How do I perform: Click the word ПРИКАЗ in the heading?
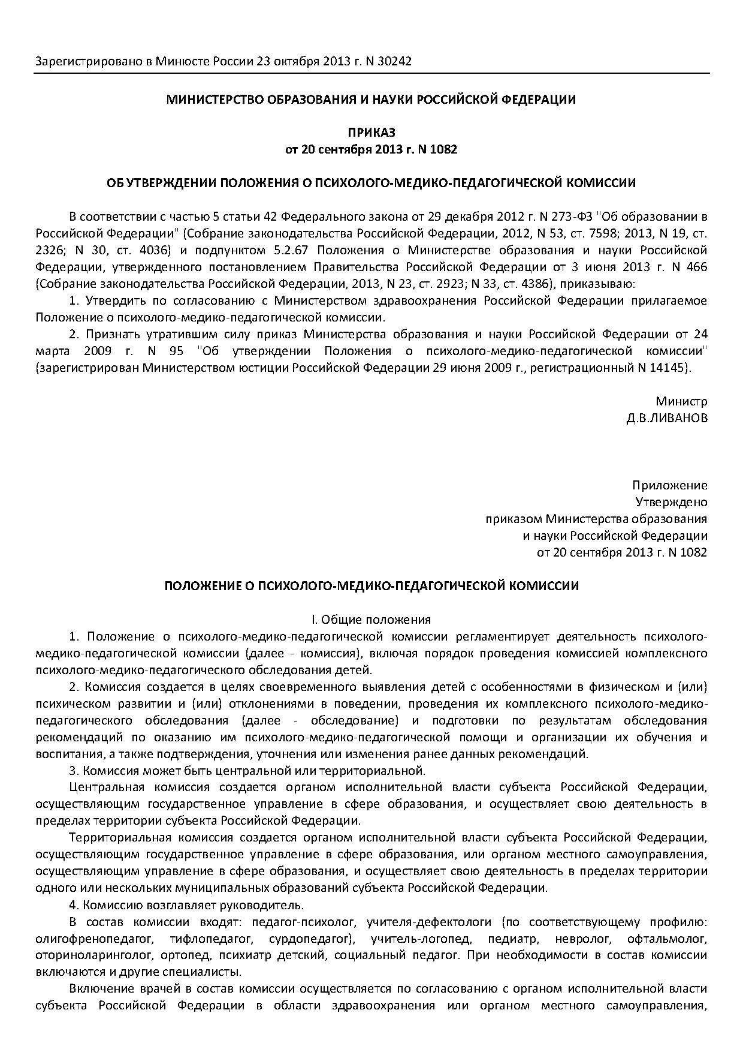tap(371, 133)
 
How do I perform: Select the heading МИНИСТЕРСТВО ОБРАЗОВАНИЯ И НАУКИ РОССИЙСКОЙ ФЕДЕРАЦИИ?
tap(371, 100)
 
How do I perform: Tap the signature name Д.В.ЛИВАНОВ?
tap(666, 418)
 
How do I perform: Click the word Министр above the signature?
tap(681, 401)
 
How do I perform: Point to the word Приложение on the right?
tap(669, 485)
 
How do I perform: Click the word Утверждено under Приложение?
tap(670, 502)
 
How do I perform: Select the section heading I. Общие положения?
tap(371, 620)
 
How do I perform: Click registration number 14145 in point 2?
tap(670, 368)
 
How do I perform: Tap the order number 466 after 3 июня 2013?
tap(696, 267)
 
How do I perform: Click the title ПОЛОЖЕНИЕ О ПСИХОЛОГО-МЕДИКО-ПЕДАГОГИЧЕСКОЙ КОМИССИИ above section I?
tap(371, 586)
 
